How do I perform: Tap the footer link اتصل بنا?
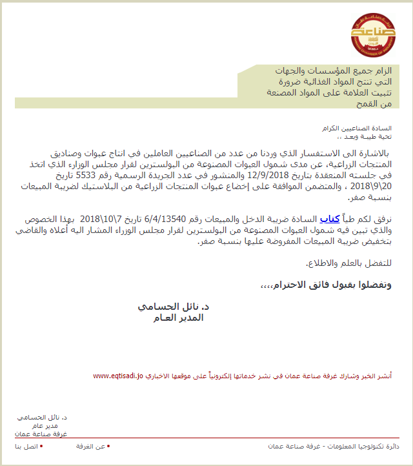[26, 447]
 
